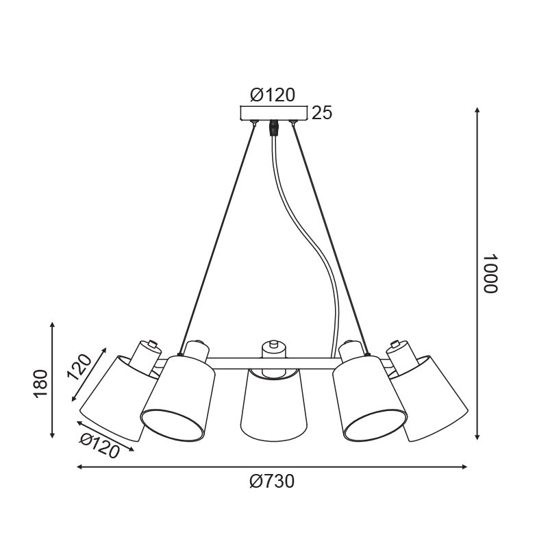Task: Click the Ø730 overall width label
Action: (272, 482)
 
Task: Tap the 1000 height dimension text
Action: (490, 273)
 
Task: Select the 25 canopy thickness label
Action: (321, 113)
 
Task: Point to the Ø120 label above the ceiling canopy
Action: (273, 95)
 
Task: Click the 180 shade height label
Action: (40, 384)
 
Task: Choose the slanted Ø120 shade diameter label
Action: (99, 445)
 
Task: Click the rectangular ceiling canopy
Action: (273, 113)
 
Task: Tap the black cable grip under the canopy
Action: (273, 128)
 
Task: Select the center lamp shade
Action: (274, 405)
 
